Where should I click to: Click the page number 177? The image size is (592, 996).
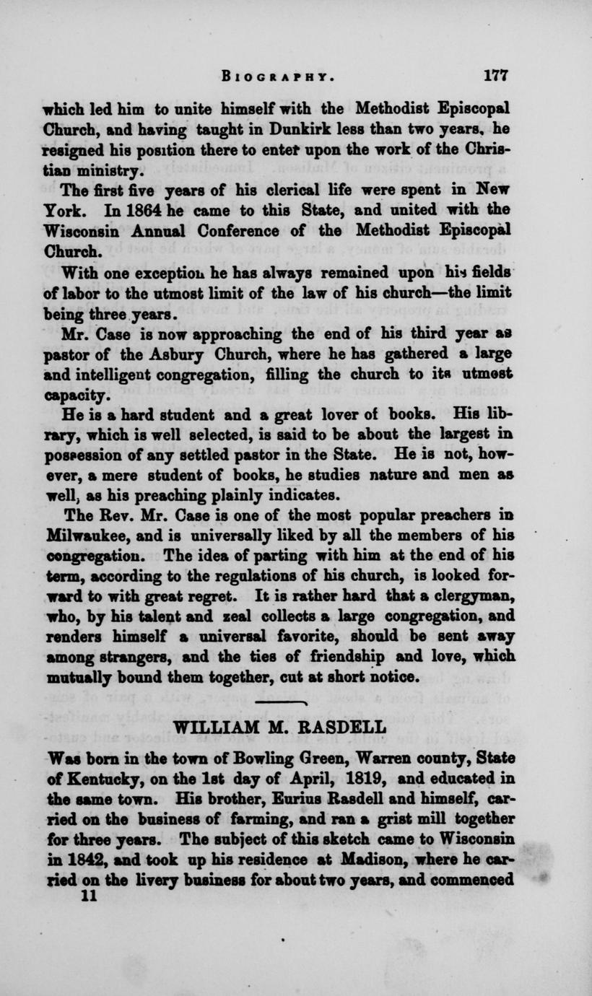point(497,74)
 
